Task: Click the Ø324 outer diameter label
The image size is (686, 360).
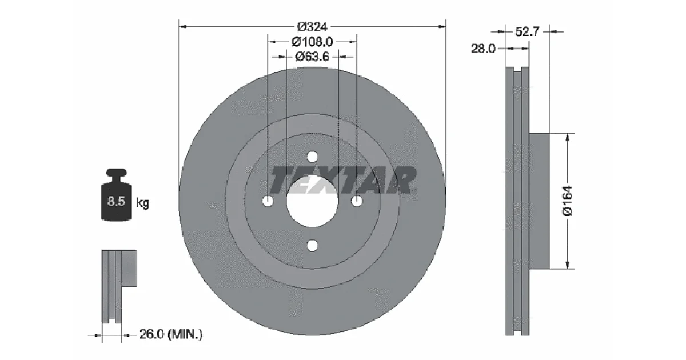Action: [312, 27]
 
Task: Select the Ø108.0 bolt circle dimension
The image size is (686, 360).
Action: [312, 42]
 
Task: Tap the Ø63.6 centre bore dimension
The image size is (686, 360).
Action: [312, 57]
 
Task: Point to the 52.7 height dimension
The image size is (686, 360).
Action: [527, 31]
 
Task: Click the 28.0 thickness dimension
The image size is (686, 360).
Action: [483, 49]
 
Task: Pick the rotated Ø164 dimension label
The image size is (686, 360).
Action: [568, 201]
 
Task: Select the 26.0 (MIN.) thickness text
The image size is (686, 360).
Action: [171, 334]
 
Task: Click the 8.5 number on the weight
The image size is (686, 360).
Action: [116, 201]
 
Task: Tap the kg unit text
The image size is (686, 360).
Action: [142, 203]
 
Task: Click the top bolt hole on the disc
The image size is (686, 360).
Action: [312, 157]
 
